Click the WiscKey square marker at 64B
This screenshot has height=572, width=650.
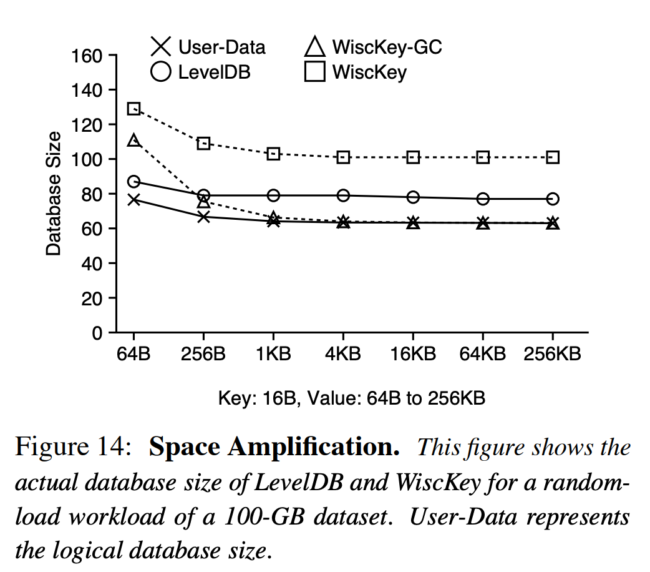[x=133, y=109]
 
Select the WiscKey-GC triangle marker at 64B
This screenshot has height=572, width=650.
[x=133, y=141]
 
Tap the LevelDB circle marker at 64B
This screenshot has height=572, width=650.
[x=133, y=182]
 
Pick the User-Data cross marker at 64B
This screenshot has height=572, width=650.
[x=133, y=200]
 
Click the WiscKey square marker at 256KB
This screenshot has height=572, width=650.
[x=553, y=157]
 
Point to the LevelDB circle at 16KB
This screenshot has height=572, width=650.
[x=413, y=197]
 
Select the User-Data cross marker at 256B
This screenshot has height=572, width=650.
[x=203, y=217]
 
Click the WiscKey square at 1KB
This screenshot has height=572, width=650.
[x=273, y=154]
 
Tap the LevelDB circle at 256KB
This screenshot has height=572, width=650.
[x=553, y=199]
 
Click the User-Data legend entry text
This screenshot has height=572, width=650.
[x=221, y=47]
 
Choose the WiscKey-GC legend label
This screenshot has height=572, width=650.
[x=387, y=47]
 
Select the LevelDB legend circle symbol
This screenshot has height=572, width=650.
[x=161, y=72]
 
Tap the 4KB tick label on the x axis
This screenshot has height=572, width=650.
[x=343, y=354]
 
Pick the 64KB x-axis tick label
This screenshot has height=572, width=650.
[x=483, y=354]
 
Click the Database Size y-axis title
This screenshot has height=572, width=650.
[x=55, y=194]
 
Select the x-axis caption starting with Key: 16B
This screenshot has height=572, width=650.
[x=351, y=398]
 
